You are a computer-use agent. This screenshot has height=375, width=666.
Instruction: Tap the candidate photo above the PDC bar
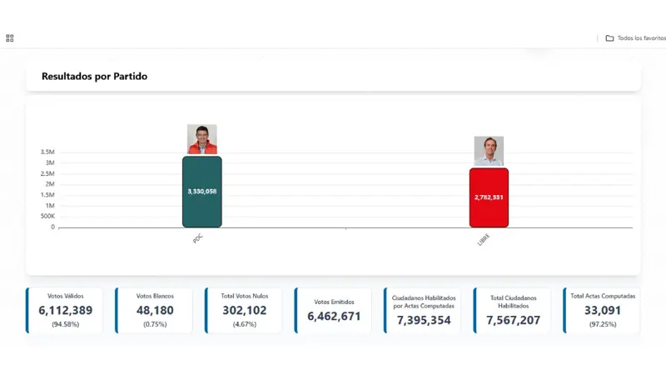coord(202,139)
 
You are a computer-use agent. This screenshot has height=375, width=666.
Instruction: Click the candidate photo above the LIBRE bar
coord(489,151)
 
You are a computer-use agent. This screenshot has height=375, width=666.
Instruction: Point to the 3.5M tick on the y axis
coord(47,152)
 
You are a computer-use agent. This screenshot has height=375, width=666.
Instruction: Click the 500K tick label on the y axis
coord(47,216)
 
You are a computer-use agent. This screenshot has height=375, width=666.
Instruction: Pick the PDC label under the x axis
coord(197,238)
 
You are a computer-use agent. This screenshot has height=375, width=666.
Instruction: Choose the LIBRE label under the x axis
coord(484,239)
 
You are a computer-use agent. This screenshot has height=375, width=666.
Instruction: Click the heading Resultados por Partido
coord(94,77)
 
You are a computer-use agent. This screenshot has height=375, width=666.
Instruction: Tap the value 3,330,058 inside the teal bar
coord(202,191)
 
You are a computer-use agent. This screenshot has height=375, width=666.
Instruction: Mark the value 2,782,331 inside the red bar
coord(489,197)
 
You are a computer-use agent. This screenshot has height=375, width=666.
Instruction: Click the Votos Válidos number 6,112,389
coord(66,311)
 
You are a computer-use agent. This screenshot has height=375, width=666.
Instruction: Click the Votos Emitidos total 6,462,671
coord(334,317)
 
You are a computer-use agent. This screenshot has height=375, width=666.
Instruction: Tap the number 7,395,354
coord(424,320)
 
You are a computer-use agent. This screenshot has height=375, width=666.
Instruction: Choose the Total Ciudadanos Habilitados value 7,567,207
coord(514,320)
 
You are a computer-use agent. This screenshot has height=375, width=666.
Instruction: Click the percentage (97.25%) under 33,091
coord(603,323)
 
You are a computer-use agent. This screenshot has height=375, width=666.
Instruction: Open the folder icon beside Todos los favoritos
coord(609,38)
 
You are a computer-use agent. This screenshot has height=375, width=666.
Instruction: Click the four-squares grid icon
coord(10,38)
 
